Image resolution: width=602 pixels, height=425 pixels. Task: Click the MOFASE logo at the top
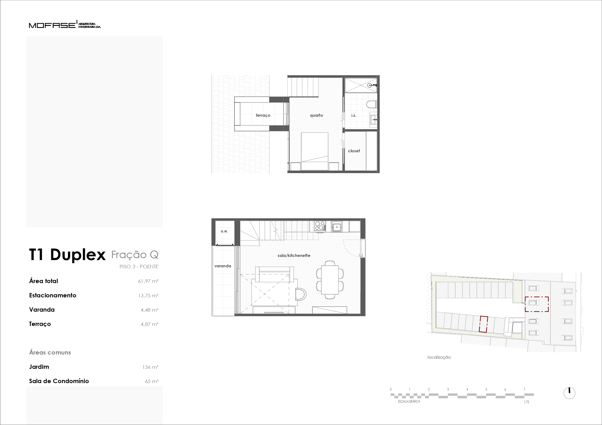click(65, 24)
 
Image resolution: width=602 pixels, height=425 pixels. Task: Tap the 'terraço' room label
click(263, 115)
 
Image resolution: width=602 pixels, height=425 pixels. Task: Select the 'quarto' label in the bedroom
click(317, 115)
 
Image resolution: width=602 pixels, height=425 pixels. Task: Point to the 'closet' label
click(354, 151)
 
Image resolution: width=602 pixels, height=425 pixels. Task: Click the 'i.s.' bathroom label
click(354, 115)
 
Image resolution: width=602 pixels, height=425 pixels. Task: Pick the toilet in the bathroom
click(371, 104)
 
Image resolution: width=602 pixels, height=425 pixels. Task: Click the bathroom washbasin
click(373, 119)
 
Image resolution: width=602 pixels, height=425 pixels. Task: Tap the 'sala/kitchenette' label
click(294, 255)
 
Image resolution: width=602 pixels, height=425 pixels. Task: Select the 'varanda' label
click(223, 266)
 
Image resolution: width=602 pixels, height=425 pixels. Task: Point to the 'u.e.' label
click(224, 231)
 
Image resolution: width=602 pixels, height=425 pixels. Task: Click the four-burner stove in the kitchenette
click(320, 226)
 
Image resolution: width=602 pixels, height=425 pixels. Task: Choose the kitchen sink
click(337, 226)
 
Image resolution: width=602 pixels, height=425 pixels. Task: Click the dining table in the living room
click(330, 280)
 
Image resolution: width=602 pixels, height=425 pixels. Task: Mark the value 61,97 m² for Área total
click(148, 281)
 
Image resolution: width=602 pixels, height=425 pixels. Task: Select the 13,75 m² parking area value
click(148, 295)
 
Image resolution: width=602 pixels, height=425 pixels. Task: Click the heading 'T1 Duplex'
click(67, 255)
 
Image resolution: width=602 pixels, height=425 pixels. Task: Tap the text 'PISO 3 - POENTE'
click(139, 267)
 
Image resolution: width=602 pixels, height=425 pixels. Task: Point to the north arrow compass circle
click(569, 393)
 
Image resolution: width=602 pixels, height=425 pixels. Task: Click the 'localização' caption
click(439, 357)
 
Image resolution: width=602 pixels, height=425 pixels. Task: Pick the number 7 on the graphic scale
click(524, 389)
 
